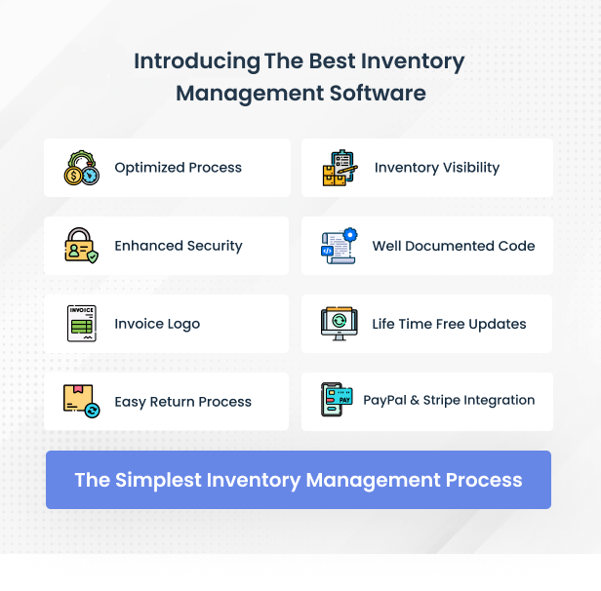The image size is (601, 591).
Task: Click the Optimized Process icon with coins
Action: tap(82, 168)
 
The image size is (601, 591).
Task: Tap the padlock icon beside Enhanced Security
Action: tap(81, 246)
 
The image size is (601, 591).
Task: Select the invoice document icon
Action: tap(82, 324)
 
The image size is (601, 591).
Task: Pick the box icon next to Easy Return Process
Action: tap(81, 401)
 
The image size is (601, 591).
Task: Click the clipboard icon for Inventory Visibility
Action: tap(341, 168)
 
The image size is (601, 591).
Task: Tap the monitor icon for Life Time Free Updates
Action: tap(340, 324)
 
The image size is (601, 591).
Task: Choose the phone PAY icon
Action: tap(337, 400)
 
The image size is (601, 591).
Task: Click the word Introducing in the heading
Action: tap(197, 61)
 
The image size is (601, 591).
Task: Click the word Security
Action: tap(210, 246)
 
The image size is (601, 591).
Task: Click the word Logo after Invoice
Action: tap(182, 324)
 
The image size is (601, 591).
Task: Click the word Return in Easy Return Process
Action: tap(173, 402)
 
